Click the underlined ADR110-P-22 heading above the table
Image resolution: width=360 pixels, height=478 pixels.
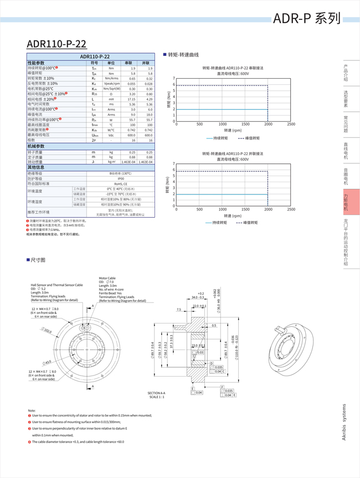[x=56, y=44]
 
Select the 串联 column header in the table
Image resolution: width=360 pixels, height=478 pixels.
[x=128, y=63]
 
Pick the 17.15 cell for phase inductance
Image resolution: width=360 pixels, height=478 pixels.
[x=131, y=99]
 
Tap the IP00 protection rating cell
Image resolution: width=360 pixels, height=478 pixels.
[x=120, y=178]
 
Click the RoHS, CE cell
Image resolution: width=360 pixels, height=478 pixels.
[x=120, y=184]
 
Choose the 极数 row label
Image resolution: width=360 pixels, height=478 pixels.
[x=32, y=141]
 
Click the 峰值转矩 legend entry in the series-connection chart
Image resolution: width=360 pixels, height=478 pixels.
[x=249, y=138]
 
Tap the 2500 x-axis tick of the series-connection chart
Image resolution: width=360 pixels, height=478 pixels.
[x=291, y=125]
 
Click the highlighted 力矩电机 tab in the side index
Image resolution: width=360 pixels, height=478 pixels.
[x=346, y=202]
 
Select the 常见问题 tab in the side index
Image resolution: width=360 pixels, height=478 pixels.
[x=346, y=125]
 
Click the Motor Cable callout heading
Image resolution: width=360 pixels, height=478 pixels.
[x=107, y=278]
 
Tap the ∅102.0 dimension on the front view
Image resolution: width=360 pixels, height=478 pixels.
[x=47, y=331]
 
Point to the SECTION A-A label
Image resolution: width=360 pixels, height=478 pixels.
[x=157, y=393]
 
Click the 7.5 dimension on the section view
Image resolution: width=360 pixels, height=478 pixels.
[x=179, y=310]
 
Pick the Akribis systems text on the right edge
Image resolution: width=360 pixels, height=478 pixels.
[x=344, y=422]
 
